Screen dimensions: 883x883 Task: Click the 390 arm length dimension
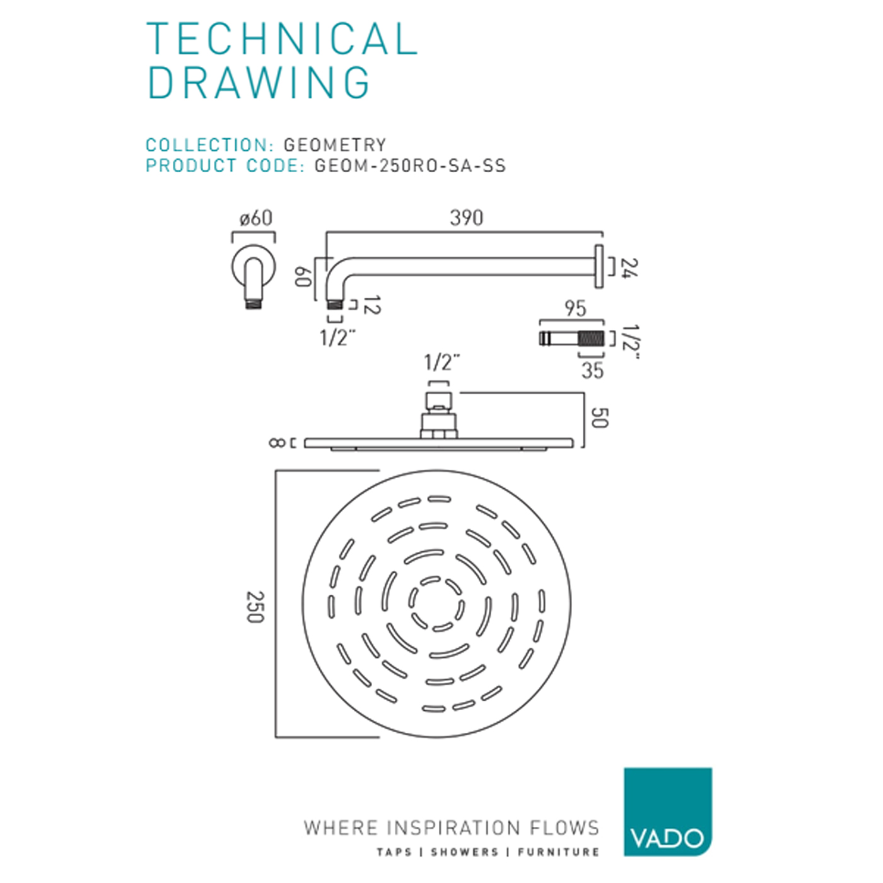point(466,218)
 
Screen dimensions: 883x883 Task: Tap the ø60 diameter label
point(255,218)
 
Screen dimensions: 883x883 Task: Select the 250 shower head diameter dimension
point(255,607)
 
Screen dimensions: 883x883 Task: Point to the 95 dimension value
point(575,308)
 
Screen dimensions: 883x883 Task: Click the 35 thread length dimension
point(592,370)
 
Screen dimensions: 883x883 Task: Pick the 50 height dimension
point(599,418)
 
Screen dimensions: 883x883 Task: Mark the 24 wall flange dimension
point(629,267)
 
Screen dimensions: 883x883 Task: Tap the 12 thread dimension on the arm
point(372,305)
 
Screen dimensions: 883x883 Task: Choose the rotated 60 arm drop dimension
point(303,276)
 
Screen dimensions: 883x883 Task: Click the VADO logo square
point(667,812)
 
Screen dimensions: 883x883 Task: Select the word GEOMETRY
point(334,145)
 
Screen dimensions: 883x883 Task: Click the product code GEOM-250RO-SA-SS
point(410,166)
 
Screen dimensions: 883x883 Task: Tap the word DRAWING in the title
point(259,83)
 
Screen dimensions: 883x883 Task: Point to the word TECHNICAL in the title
point(282,39)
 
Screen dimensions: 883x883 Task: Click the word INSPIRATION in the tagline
point(453,827)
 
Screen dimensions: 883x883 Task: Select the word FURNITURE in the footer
point(558,852)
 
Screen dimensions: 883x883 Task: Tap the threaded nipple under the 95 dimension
point(571,338)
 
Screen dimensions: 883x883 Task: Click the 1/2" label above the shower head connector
point(441,363)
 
